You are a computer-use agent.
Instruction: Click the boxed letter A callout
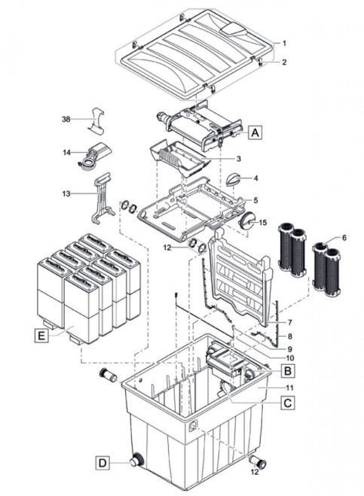[x=255, y=132]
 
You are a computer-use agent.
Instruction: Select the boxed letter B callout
[x=288, y=370]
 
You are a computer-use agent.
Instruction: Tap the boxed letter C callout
[x=288, y=403]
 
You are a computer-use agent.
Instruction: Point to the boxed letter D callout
[x=102, y=463]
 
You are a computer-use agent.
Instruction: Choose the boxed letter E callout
[x=41, y=335]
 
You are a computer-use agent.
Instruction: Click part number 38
[x=66, y=119]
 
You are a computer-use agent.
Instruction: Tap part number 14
[x=66, y=153]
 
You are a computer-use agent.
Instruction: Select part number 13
[x=66, y=193]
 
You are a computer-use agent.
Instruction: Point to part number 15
[x=263, y=223]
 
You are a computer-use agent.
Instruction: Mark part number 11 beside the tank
[x=290, y=388]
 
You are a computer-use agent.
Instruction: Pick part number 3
[x=239, y=159]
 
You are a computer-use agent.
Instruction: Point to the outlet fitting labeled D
[x=137, y=460]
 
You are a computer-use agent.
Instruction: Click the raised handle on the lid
[x=234, y=29]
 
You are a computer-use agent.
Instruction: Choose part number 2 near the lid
[x=284, y=62]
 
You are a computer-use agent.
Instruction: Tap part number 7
[x=290, y=323]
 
